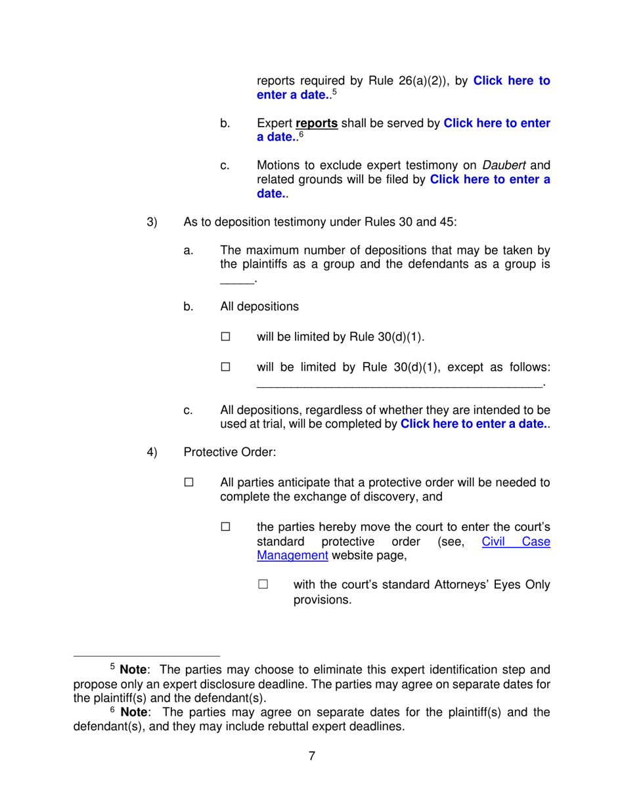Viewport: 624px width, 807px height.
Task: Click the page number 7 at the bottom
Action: (x=312, y=755)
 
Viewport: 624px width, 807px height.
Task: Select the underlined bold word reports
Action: (x=317, y=123)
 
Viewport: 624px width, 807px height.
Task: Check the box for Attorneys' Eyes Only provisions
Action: (x=263, y=585)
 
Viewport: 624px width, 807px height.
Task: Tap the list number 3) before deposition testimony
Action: (x=152, y=221)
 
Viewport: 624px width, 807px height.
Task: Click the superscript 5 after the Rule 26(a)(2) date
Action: (x=334, y=93)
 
